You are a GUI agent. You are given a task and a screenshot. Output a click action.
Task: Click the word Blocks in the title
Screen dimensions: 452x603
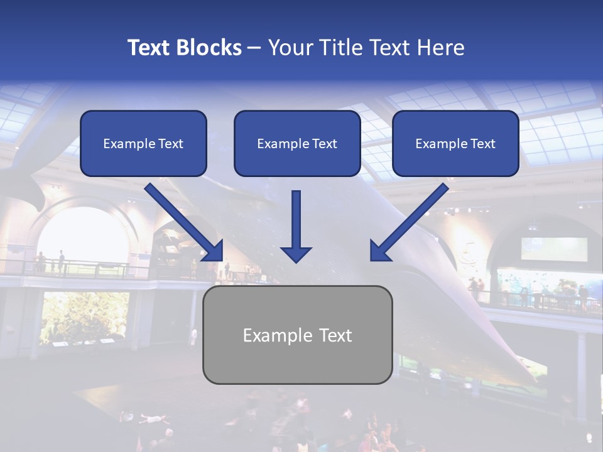click(211, 48)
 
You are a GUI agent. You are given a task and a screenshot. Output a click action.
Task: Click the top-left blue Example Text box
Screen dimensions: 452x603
click(143, 144)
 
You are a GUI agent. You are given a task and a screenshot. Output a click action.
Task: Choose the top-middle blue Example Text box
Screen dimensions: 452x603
click(297, 144)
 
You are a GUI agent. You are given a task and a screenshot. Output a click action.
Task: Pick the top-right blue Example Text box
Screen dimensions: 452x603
click(455, 144)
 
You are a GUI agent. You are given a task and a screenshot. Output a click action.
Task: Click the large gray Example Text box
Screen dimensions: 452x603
click(297, 335)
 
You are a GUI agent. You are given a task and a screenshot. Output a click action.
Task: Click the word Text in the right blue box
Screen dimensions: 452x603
click(482, 144)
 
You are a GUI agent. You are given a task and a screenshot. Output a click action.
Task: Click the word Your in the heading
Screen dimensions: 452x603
click(288, 48)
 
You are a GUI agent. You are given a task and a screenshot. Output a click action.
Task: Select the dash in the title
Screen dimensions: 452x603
click(254, 48)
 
